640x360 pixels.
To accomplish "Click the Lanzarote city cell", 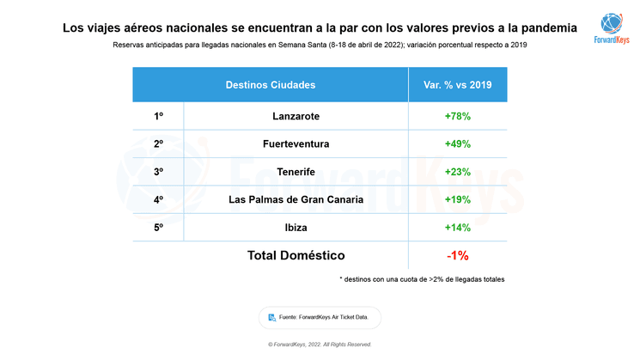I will click(296, 116).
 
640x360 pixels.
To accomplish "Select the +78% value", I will click(457, 116).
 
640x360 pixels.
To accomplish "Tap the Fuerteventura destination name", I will click(296, 143).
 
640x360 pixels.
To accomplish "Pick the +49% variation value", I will click(457, 143).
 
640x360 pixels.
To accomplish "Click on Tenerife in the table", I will click(296, 172).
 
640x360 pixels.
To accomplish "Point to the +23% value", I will click(457, 172).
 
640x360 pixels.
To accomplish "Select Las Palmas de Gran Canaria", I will click(296, 200).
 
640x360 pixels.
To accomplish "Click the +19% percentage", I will click(457, 200).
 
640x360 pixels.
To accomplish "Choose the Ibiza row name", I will click(296, 228).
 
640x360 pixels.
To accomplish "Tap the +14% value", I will click(457, 228).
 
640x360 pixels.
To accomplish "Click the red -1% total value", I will click(457, 255).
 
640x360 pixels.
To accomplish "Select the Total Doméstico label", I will click(296, 255).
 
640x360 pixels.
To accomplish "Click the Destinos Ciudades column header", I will click(270, 85).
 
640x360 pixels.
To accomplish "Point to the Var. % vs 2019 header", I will click(457, 85).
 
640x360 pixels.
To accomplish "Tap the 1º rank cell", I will click(158, 116).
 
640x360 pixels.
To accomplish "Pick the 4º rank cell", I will click(158, 200).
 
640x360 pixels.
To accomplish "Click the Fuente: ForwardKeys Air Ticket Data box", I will click(319, 317).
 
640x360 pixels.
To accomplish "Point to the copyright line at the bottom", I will click(320, 345).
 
